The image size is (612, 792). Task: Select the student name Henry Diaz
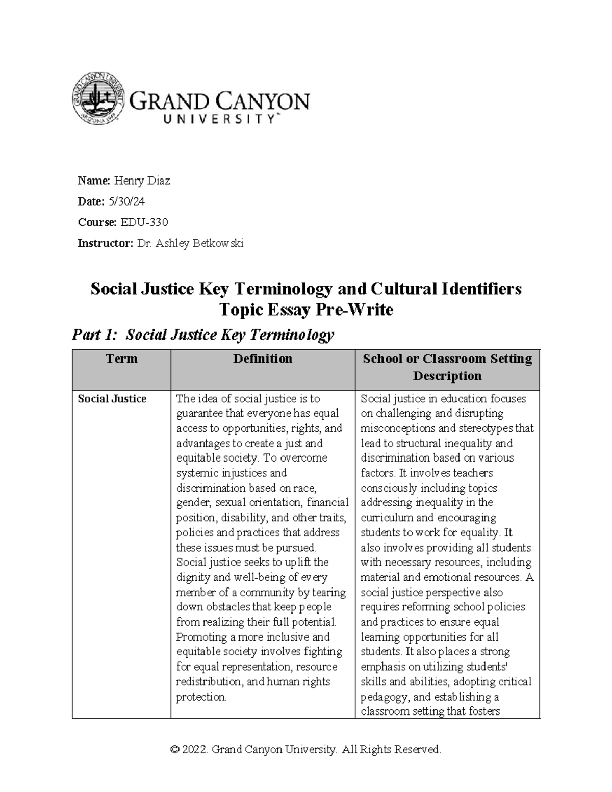click(142, 181)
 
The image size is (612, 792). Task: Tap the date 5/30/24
click(126, 201)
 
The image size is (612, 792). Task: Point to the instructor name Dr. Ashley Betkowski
click(190, 243)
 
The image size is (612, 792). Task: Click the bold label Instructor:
click(105, 243)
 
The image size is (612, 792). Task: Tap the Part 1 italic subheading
click(203, 335)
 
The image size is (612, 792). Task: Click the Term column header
click(121, 359)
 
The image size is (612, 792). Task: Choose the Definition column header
click(263, 359)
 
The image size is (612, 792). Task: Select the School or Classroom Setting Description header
click(447, 367)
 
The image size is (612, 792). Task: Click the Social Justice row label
click(112, 399)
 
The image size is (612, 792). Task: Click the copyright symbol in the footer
click(175, 750)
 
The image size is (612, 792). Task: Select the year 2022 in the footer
click(195, 750)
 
